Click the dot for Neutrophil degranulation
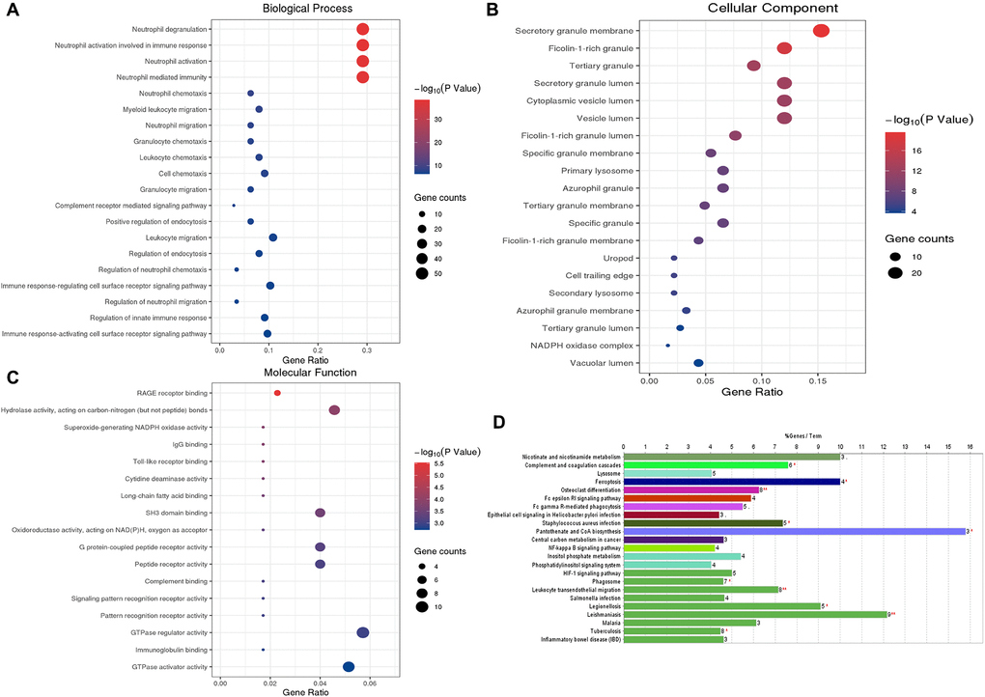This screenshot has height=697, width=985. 362,29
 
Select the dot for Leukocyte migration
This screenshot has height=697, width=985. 273,237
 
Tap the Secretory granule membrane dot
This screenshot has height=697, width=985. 822,31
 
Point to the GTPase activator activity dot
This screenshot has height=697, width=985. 349,666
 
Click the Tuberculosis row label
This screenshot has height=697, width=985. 597,630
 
